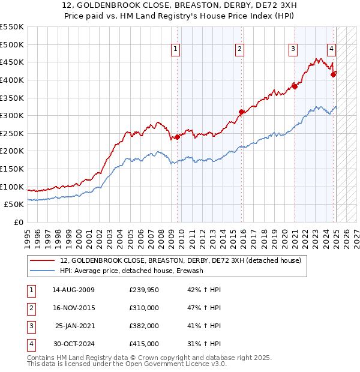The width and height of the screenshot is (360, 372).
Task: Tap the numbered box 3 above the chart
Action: (293, 50)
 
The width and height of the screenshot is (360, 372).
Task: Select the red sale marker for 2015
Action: (241, 112)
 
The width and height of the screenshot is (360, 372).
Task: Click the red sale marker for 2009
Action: (177, 137)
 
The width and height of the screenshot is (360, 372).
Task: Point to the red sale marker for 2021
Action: (295, 86)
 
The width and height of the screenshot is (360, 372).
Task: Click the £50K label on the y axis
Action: (14, 205)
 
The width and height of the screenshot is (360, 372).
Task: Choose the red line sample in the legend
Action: (42, 260)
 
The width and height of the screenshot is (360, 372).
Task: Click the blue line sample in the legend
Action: (42, 271)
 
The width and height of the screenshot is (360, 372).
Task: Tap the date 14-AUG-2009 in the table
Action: (73, 290)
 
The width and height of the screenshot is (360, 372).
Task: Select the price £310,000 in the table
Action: (144, 308)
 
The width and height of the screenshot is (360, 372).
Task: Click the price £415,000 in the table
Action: (144, 344)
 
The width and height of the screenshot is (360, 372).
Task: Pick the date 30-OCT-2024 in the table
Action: (73, 344)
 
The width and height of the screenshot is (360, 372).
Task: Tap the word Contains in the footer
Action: (41, 358)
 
